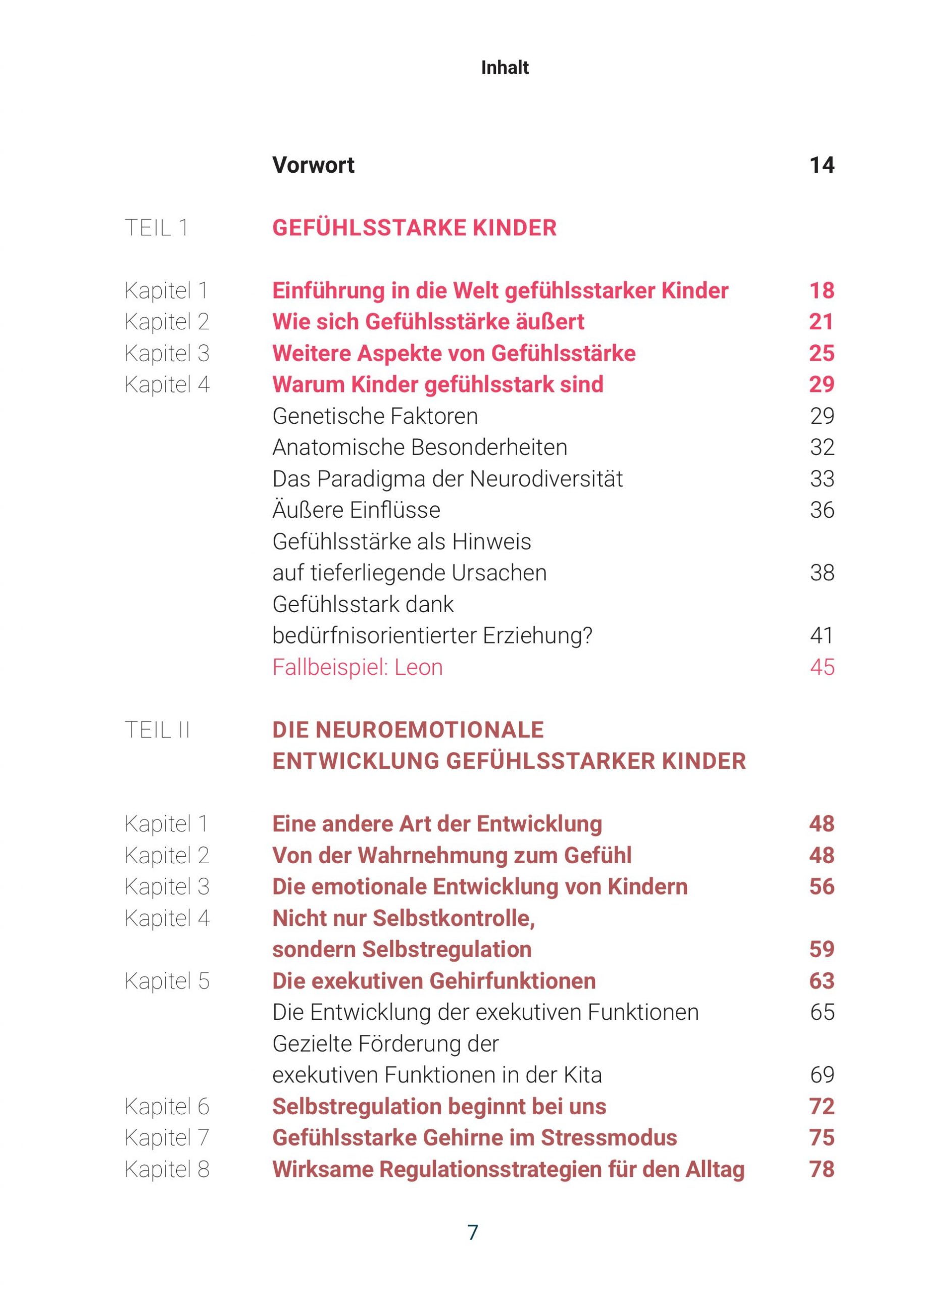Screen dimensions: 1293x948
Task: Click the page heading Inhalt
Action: [x=505, y=68]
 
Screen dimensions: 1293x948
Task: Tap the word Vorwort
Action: [x=313, y=165]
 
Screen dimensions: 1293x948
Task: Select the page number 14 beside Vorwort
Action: [x=821, y=165]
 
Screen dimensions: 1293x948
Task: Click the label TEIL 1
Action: [x=156, y=228]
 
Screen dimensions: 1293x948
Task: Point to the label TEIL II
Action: [x=157, y=730]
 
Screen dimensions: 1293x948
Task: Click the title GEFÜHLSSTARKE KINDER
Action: [x=414, y=228]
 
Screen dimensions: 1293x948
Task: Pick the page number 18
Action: [x=821, y=290]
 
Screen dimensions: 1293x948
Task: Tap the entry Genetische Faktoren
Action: [x=375, y=416]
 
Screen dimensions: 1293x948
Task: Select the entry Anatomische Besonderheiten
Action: [x=420, y=447]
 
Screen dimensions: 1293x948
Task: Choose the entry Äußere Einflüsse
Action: [x=357, y=510]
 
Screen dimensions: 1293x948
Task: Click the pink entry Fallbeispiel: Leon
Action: [x=358, y=667]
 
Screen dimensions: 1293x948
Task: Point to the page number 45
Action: [x=822, y=667]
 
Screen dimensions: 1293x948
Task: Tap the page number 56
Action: [x=821, y=887]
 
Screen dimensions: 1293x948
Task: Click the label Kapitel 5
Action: [x=167, y=981]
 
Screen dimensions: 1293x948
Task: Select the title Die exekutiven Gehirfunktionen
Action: [x=434, y=981]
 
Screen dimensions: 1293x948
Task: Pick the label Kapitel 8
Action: [x=167, y=1169]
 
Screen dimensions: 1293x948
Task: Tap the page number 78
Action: [x=821, y=1169]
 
